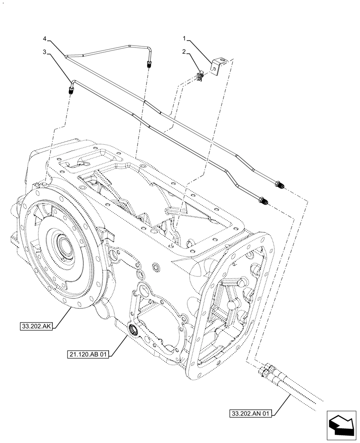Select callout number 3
click(45, 51)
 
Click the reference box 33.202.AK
click(37, 326)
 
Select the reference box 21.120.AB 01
click(88, 354)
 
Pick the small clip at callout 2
click(200, 75)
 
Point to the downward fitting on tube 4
click(148, 66)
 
